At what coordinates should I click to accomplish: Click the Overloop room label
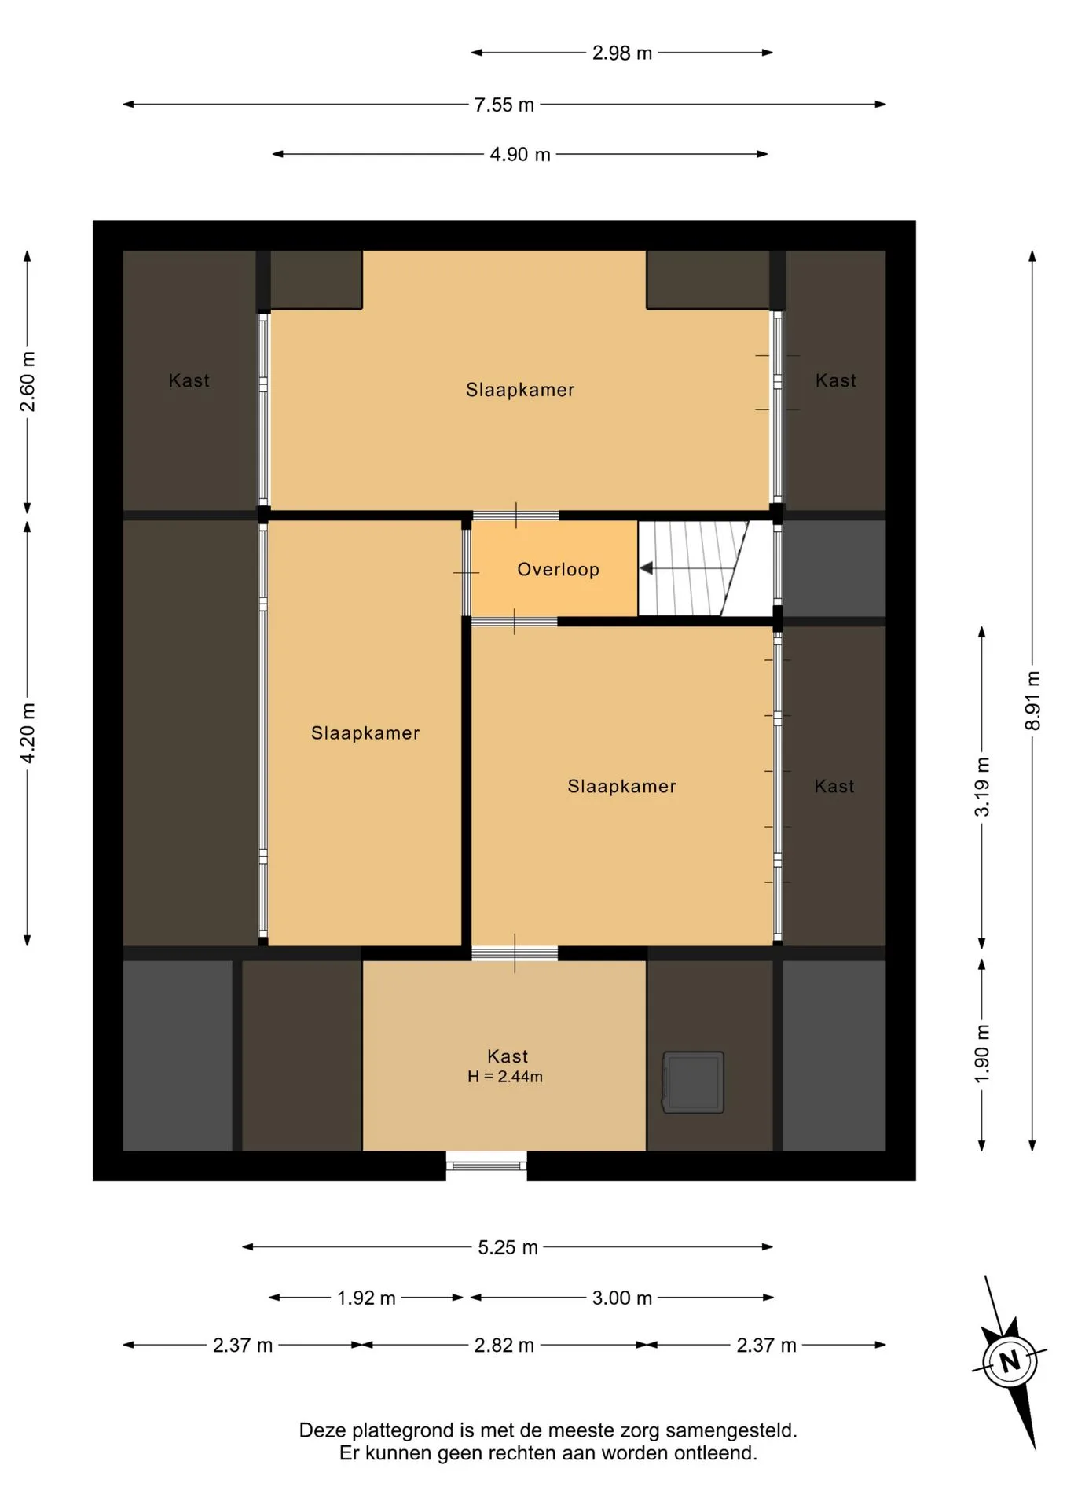558,569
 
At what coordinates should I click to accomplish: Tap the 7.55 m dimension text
504,105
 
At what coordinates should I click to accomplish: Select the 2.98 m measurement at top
622,53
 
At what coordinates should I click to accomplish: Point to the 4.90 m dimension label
520,154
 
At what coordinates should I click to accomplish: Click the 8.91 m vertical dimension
1032,700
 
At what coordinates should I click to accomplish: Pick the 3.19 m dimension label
982,787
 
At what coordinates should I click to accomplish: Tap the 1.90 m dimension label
982,1054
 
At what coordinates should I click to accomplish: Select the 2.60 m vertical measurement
27,382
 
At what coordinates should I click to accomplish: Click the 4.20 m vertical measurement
27,732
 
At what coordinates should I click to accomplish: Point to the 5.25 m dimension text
508,1247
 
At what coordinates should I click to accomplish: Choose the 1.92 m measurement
366,1298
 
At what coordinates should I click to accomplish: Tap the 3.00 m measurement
622,1298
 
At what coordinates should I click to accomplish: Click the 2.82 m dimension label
504,1346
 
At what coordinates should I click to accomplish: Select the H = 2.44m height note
505,1077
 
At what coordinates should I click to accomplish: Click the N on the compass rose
1010,1360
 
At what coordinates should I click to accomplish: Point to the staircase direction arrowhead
647,567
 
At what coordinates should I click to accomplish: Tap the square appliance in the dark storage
693,1082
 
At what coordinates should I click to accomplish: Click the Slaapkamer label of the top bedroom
520,390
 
